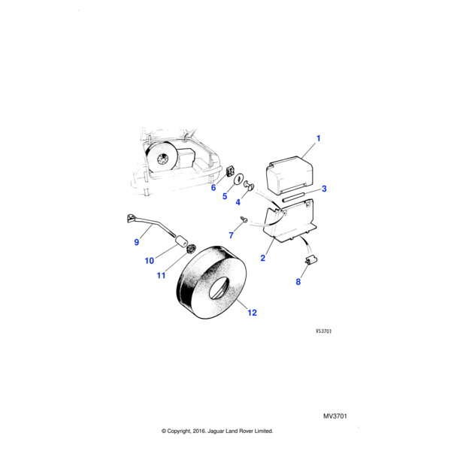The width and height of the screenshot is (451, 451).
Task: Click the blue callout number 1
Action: point(318,138)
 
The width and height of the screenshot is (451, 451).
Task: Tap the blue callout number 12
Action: point(251,313)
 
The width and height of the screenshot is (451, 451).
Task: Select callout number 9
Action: point(136,242)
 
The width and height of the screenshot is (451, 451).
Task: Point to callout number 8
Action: point(297,283)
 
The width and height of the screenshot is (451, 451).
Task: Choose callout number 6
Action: point(213,188)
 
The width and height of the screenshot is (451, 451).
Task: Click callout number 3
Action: point(324,189)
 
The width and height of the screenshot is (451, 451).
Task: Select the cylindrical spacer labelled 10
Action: point(181,241)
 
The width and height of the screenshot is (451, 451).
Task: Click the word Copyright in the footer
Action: point(187,431)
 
